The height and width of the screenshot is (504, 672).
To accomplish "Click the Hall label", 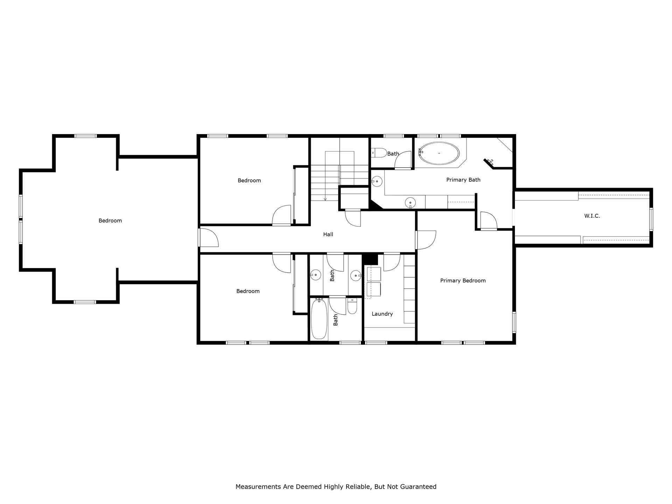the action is coord(328,234).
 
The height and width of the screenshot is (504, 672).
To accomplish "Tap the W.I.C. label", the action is coord(592,216).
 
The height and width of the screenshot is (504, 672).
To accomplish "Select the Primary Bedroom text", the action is coord(463,281).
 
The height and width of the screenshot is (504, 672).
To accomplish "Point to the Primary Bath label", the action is coord(463,180).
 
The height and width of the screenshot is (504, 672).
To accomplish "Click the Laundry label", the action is coord(382,314).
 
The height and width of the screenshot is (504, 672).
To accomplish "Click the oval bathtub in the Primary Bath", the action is coord(439,153).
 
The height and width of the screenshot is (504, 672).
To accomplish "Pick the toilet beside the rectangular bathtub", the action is coord(352,306).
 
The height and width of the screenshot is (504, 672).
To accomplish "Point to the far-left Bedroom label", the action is coord(110,221).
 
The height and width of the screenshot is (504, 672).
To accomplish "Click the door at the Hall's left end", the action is coord(208,238).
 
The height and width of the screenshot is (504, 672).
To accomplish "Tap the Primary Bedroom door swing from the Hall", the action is coord(426,240).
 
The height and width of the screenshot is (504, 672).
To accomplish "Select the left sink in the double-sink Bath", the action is coord(316,275).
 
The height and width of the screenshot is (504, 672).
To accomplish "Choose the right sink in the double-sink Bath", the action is coord(356,276).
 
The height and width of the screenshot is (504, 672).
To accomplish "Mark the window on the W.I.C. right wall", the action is coord(651,219).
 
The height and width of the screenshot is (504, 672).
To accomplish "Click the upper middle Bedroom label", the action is coord(249,181).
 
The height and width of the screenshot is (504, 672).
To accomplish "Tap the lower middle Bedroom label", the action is coord(248,291).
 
